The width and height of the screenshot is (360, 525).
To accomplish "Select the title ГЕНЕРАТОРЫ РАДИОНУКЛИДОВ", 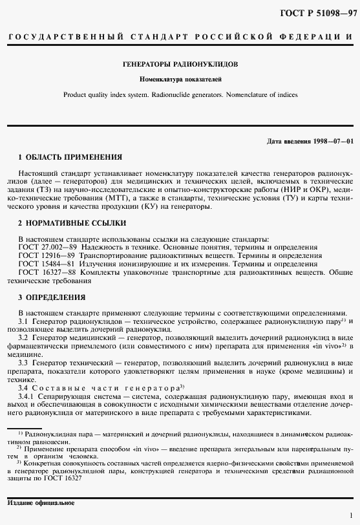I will pos(180,65).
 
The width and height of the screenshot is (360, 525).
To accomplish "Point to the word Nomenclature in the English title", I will pos(254,94).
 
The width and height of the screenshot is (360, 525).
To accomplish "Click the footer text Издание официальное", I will pos(41,502).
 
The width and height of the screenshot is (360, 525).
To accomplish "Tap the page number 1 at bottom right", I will pos(350,515).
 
